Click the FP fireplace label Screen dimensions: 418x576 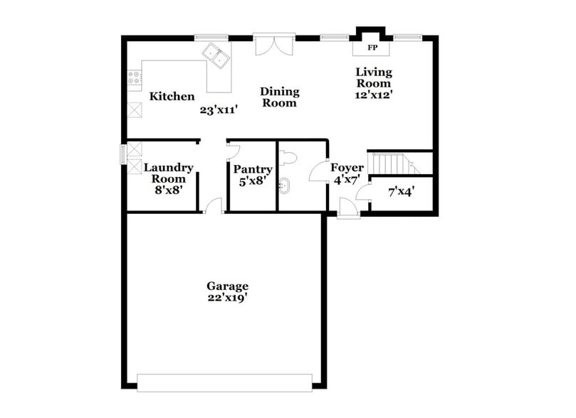[372, 48]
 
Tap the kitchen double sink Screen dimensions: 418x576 [216, 55]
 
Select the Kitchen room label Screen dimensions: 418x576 [172, 96]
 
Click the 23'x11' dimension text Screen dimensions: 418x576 [218, 110]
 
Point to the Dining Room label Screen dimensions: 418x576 [279, 97]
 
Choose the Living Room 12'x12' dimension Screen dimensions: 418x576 [374, 93]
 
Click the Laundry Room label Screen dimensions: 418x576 [169, 173]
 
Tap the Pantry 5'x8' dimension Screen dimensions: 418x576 [253, 181]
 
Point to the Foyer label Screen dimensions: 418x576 [347, 168]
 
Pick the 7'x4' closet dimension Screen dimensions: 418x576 [401, 191]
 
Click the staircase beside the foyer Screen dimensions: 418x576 [392, 163]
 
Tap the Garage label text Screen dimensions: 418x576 [228, 286]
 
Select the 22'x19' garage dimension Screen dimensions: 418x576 [228, 299]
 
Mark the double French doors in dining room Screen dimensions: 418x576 [274, 43]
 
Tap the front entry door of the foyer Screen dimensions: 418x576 [348, 208]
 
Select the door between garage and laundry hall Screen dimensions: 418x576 [213, 207]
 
